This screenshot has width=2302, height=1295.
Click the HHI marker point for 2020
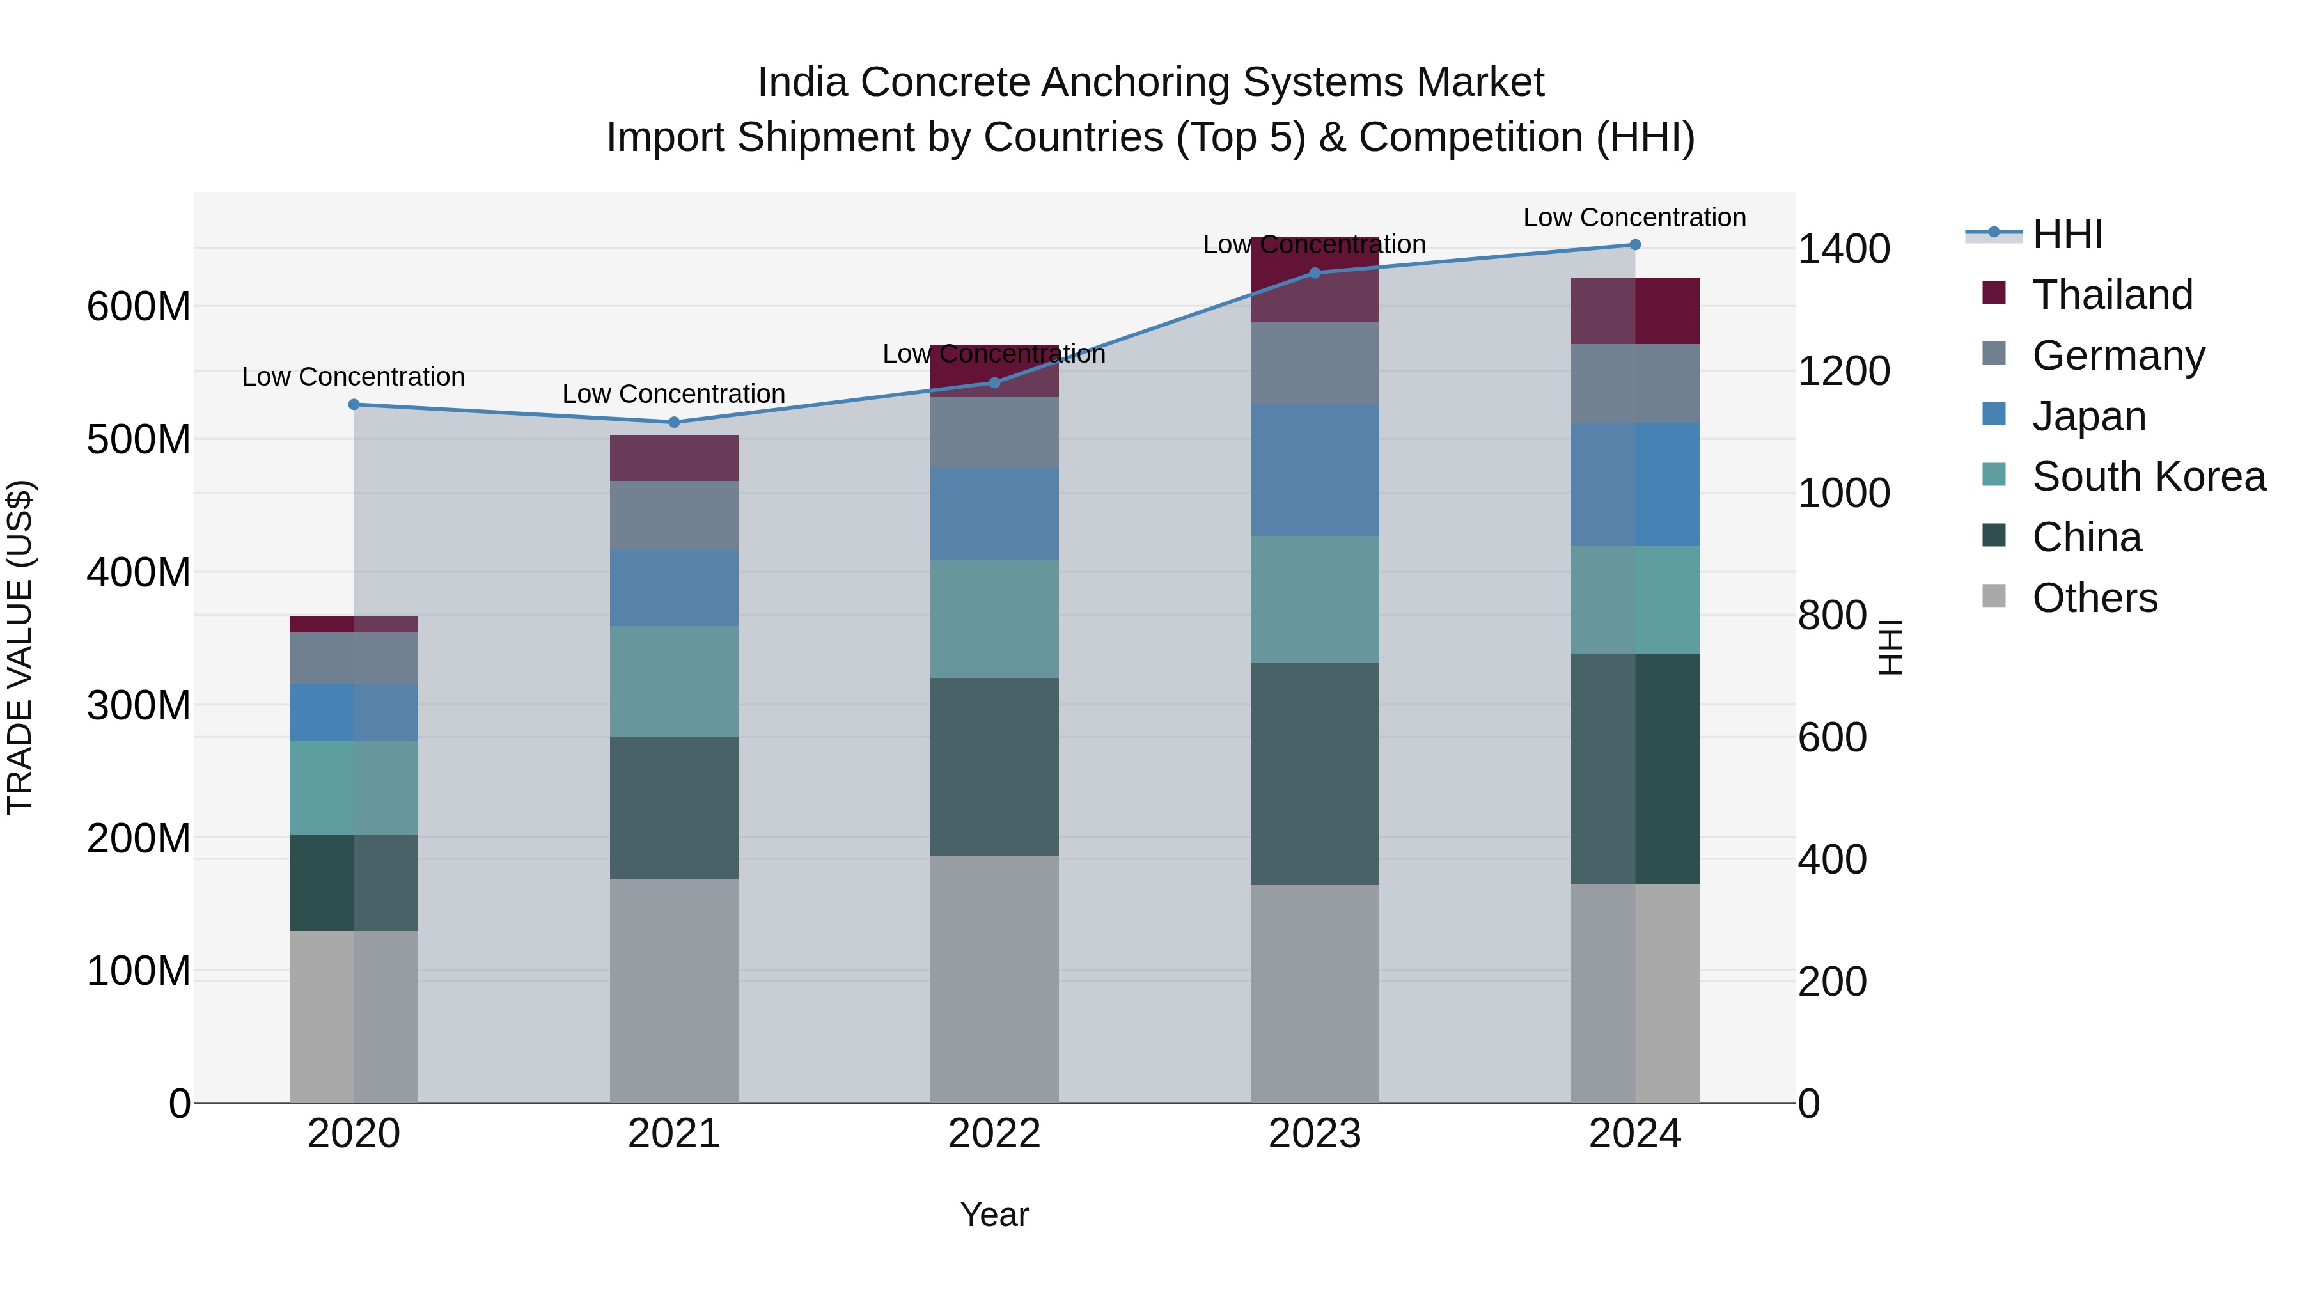(x=354, y=405)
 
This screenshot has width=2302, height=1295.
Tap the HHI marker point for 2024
(x=1634, y=245)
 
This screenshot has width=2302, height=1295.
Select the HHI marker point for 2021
(x=674, y=423)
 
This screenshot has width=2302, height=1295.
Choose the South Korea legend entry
(x=2149, y=476)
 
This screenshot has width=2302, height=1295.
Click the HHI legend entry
(x=2067, y=234)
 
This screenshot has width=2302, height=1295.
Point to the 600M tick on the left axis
(x=139, y=306)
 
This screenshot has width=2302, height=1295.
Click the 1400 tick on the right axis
(x=1844, y=249)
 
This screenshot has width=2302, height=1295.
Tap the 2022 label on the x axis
(x=994, y=1134)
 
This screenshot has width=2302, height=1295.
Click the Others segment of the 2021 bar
(x=674, y=990)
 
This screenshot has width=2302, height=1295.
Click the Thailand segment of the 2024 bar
(x=1634, y=310)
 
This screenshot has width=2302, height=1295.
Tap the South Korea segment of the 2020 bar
(x=354, y=787)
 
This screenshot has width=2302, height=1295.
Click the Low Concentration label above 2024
(x=1634, y=217)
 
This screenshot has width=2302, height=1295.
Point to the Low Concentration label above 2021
(x=674, y=394)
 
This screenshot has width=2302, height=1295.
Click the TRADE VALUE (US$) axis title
(x=20, y=647)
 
